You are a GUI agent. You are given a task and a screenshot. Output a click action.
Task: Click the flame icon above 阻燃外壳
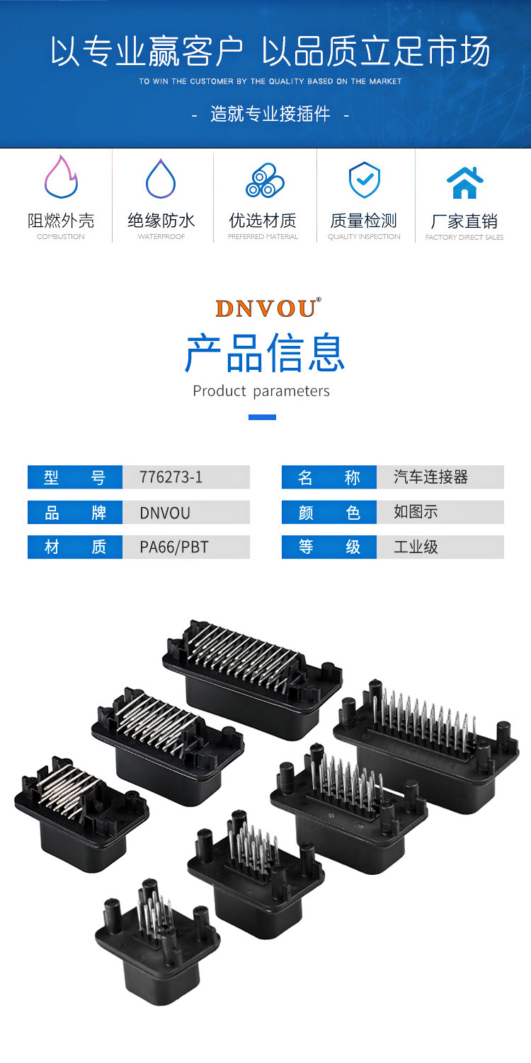[61, 178]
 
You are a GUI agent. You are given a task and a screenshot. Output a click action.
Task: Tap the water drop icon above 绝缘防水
[161, 179]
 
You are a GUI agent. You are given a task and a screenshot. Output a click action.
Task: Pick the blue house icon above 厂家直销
[464, 182]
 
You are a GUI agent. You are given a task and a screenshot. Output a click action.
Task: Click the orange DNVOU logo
[268, 308]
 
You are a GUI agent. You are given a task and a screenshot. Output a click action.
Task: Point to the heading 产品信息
[265, 353]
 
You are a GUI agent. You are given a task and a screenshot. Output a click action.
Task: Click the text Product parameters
[261, 391]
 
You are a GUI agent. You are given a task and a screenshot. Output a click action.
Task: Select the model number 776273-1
[171, 477]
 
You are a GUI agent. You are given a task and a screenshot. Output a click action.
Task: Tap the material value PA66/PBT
[174, 547]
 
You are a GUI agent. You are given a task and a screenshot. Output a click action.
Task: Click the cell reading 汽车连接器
[430, 477]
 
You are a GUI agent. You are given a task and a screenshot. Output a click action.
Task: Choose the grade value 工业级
[416, 547]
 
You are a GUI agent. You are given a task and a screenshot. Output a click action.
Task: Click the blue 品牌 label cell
[75, 512]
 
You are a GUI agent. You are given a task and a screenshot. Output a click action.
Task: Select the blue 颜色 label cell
[329, 512]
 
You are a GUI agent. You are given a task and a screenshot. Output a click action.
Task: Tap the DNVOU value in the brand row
[165, 513]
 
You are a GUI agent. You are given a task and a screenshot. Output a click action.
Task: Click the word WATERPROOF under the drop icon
[161, 237]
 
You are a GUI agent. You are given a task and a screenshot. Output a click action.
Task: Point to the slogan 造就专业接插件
[270, 115]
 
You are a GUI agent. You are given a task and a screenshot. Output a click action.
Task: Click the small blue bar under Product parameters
[262, 417]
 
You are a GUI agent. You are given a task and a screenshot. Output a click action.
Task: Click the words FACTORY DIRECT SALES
[464, 238]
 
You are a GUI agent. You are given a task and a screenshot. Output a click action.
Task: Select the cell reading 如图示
[416, 512]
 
